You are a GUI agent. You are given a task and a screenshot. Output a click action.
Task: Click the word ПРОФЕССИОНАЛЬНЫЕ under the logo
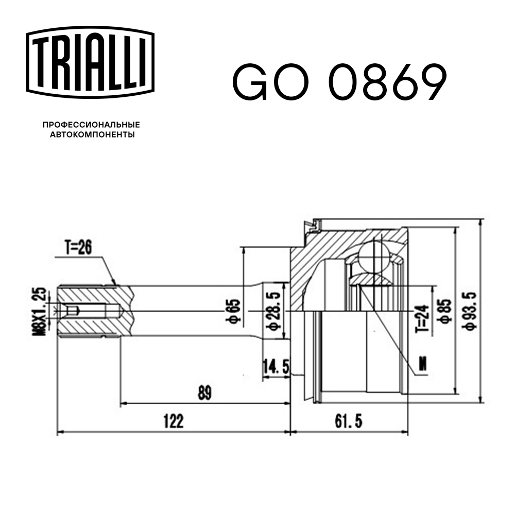(x=91, y=125)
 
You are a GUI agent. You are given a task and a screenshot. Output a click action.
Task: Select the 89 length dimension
(x=205, y=393)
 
